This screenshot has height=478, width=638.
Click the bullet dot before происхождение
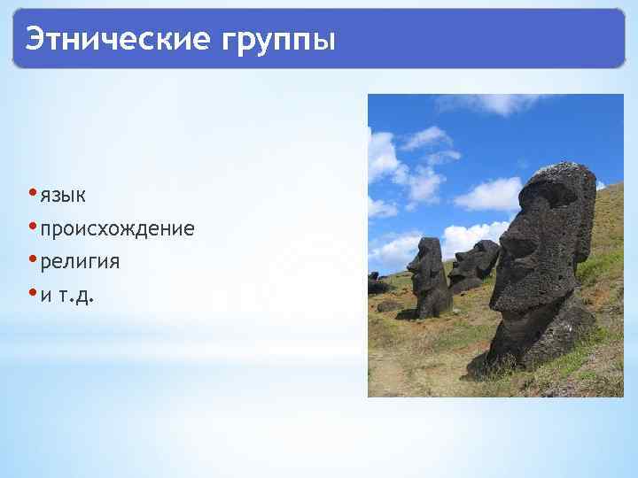32,227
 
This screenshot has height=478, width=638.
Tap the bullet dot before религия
32,260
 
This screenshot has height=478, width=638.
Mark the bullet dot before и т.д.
32,294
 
